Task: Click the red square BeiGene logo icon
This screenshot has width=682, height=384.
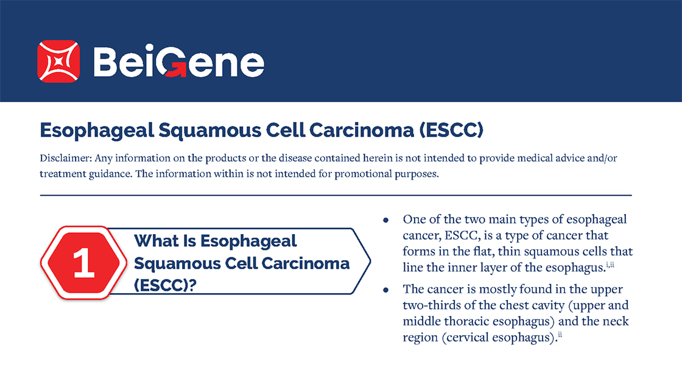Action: [58, 62]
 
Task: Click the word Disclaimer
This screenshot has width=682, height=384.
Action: [65, 158]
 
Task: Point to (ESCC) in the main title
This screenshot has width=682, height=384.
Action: [451, 130]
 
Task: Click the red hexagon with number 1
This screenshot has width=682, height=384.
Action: [83, 263]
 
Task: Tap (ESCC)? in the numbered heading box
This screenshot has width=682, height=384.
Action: [165, 286]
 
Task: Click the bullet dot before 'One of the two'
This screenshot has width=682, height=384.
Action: [386, 220]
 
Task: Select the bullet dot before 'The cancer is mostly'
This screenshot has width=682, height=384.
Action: [386, 290]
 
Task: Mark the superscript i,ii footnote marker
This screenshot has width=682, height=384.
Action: [610, 265]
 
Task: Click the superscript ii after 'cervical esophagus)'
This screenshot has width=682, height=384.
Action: [560, 335]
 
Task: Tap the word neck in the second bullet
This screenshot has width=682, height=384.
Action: [616, 321]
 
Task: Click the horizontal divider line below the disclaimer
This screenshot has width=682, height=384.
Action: [336, 196]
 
